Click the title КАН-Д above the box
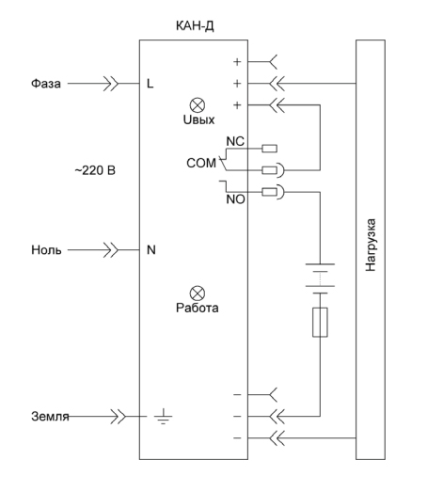[x=195, y=26]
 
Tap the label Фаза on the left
[x=46, y=84]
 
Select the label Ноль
[x=46, y=250]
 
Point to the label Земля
[x=50, y=417]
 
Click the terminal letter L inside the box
[x=150, y=84]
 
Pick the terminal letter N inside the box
[x=151, y=250]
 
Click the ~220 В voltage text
[x=95, y=170]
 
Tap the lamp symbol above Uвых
[x=198, y=105]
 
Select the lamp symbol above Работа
[x=198, y=294]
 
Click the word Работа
[x=197, y=308]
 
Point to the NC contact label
[x=235, y=141]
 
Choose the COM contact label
[x=201, y=163]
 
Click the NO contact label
[x=236, y=199]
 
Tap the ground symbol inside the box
[x=163, y=417]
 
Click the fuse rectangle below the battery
[x=320, y=323]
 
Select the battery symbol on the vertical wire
[x=320, y=278]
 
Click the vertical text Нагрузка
[x=371, y=245]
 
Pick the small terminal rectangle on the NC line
[x=270, y=149]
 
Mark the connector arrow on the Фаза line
[x=111, y=84]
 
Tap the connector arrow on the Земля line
[x=119, y=417]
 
